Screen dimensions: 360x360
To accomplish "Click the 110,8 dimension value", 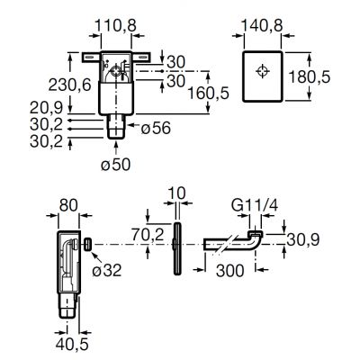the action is point(116,25).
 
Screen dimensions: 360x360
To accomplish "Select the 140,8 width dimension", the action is point(262,25).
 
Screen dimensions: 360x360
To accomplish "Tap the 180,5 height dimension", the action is point(310,77).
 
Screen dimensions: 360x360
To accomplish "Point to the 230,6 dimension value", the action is point(69,85).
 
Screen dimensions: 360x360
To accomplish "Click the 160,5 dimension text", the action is point(208,93).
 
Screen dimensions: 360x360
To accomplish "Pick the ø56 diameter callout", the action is point(156,129).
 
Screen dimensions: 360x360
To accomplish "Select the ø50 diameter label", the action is point(116,165).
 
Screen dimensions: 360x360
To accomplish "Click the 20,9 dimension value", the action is point(47,108).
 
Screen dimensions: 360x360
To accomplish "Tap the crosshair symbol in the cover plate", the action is point(263,71).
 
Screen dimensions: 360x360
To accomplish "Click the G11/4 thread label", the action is point(255,206).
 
